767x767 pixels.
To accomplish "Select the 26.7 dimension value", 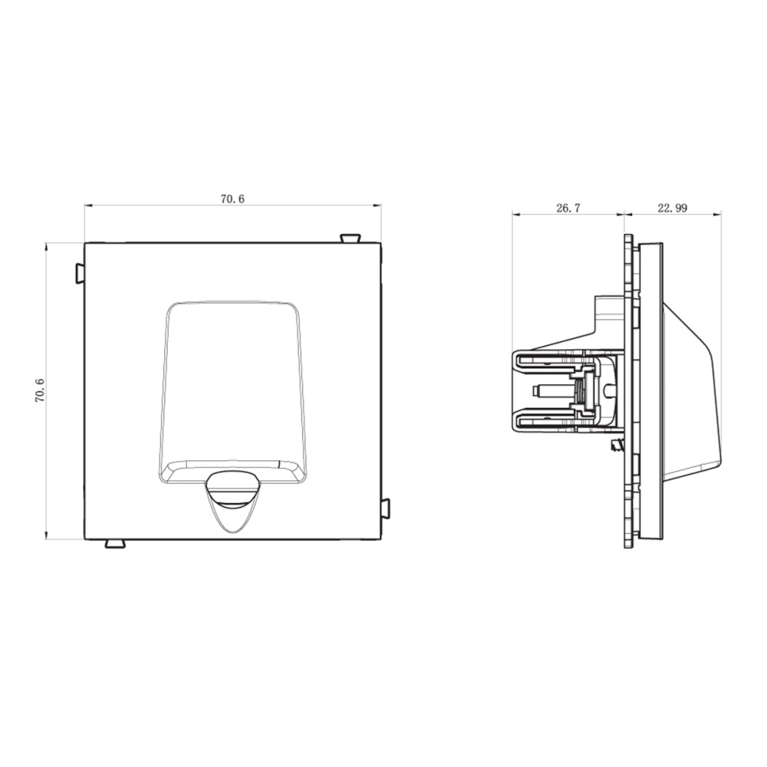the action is point(568,208).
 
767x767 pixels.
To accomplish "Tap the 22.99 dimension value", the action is point(672,208).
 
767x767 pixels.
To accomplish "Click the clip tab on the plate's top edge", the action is point(351,239).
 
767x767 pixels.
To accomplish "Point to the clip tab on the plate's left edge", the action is point(80,274).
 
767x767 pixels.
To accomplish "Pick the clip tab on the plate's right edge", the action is point(385,509).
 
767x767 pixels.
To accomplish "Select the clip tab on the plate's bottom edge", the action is point(115,544).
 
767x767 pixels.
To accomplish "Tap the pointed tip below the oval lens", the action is point(232,532).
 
